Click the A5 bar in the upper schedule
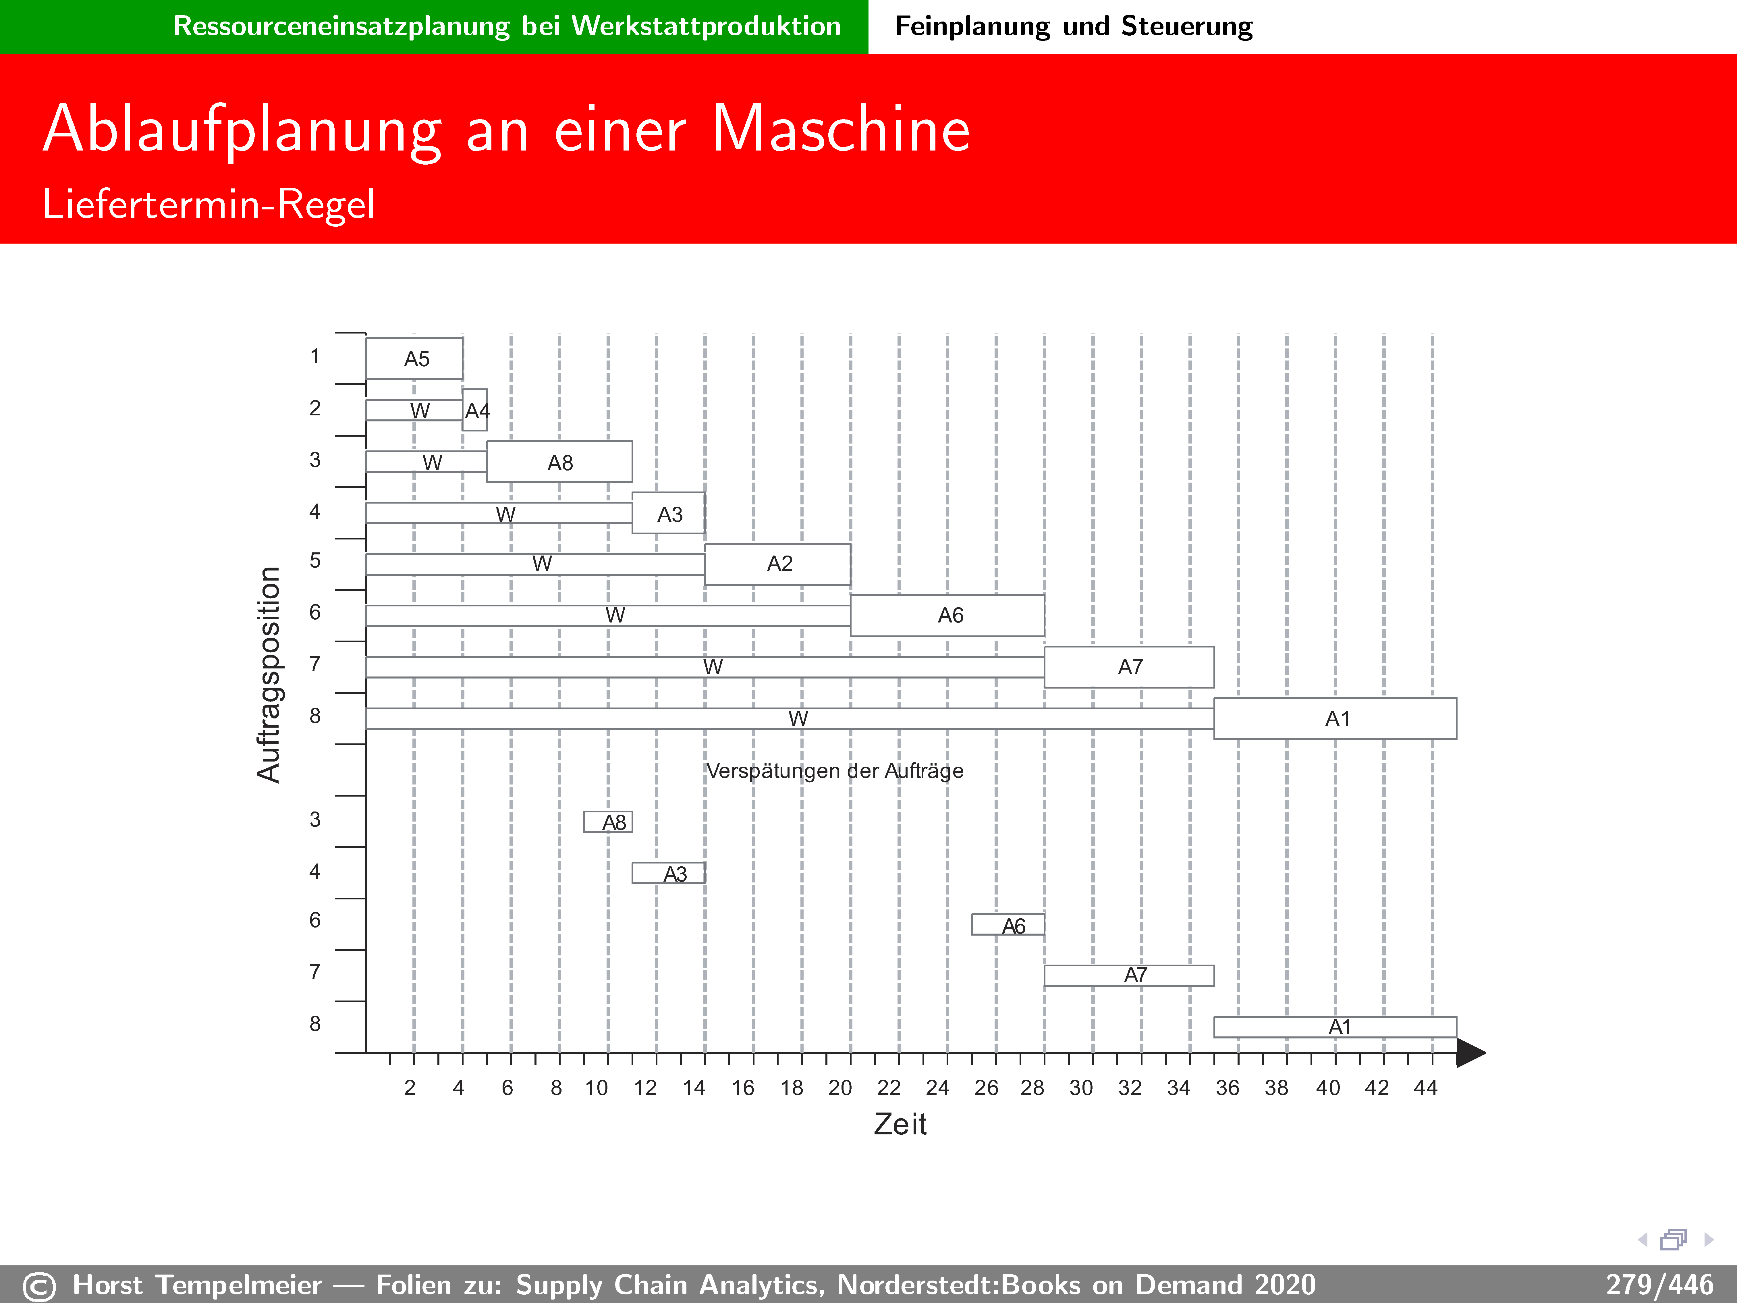coord(414,358)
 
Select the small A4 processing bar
coord(474,410)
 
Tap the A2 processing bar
coord(777,564)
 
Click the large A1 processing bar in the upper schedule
coord(1335,718)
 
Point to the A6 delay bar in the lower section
coord(1008,924)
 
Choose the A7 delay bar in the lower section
coord(1129,976)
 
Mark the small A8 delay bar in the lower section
coord(608,822)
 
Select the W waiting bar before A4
coord(414,410)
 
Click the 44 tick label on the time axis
coord(1425,1088)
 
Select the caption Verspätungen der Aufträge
coord(835,770)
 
